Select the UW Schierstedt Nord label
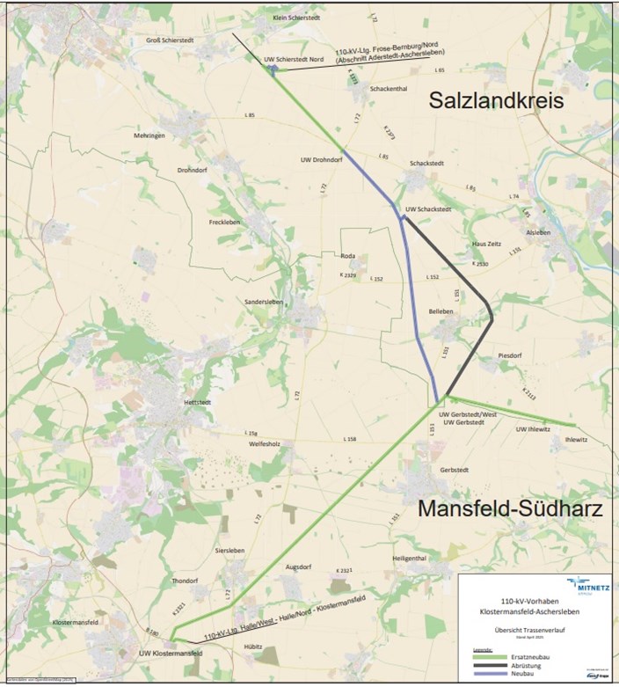tap(294, 58)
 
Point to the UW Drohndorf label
tap(321, 159)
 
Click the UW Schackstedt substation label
tap(428, 209)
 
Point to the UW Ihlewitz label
tap(533, 429)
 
